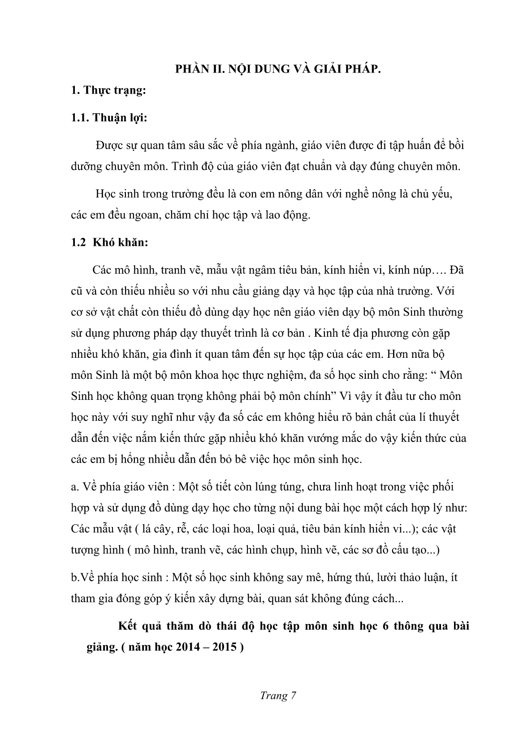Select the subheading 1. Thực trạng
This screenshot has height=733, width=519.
108,90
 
